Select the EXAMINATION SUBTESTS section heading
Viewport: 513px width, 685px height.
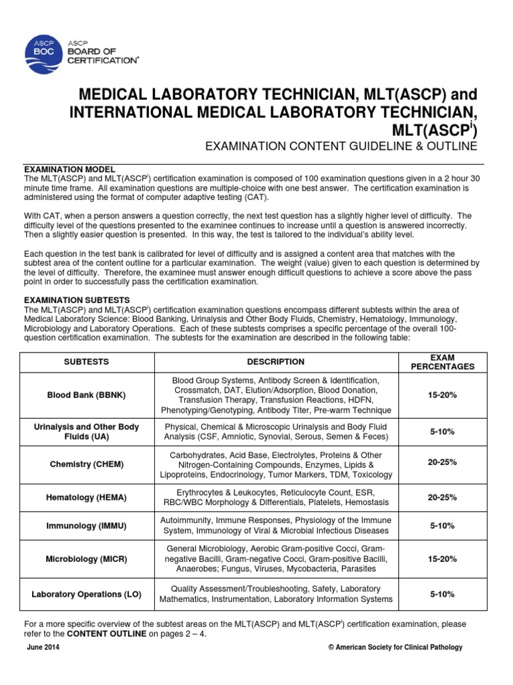point(77,300)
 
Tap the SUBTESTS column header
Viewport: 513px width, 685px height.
point(87,362)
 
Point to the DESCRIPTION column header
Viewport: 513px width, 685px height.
point(275,362)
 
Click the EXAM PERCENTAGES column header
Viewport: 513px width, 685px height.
point(442,362)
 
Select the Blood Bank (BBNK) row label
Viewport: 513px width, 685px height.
point(87,395)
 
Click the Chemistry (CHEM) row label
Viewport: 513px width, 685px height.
point(87,464)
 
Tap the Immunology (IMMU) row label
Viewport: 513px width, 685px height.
point(87,526)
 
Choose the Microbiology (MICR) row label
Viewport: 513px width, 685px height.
point(87,558)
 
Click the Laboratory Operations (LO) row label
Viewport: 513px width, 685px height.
point(87,594)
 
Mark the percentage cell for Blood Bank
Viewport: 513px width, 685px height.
point(442,395)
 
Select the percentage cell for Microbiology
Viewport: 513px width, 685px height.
point(442,558)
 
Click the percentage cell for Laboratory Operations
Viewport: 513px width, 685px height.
point(442,594)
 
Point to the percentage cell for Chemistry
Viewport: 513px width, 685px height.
point(442,464)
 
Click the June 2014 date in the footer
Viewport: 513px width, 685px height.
point(43,648)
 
